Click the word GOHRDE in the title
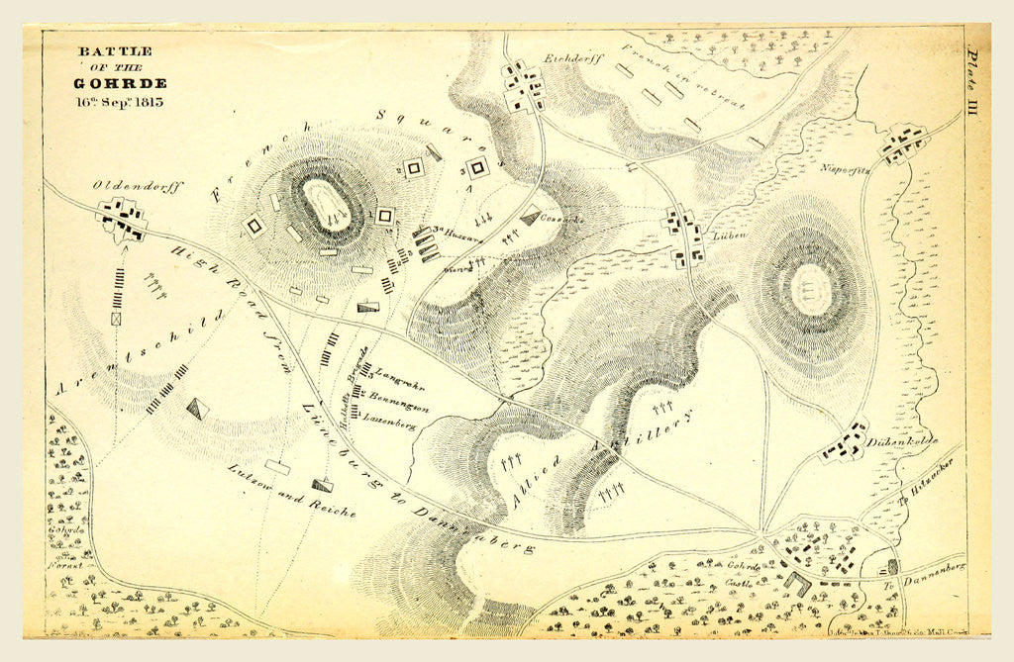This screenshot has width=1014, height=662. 120,83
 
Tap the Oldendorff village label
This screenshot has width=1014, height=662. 138,185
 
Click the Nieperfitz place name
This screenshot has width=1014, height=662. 843,168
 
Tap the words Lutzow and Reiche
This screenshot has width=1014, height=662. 291,492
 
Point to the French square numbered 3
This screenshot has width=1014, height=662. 478,168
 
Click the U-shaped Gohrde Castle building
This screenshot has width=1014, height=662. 795,584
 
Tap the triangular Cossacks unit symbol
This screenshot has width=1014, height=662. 531,216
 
